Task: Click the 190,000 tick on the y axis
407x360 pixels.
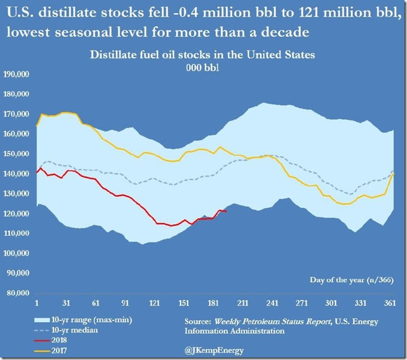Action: (x=18, y=74)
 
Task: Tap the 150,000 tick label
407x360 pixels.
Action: (x=18, y=154)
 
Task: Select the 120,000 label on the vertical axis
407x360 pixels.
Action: (x=18, y=214)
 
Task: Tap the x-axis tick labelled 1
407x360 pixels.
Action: (x=37, y=303)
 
